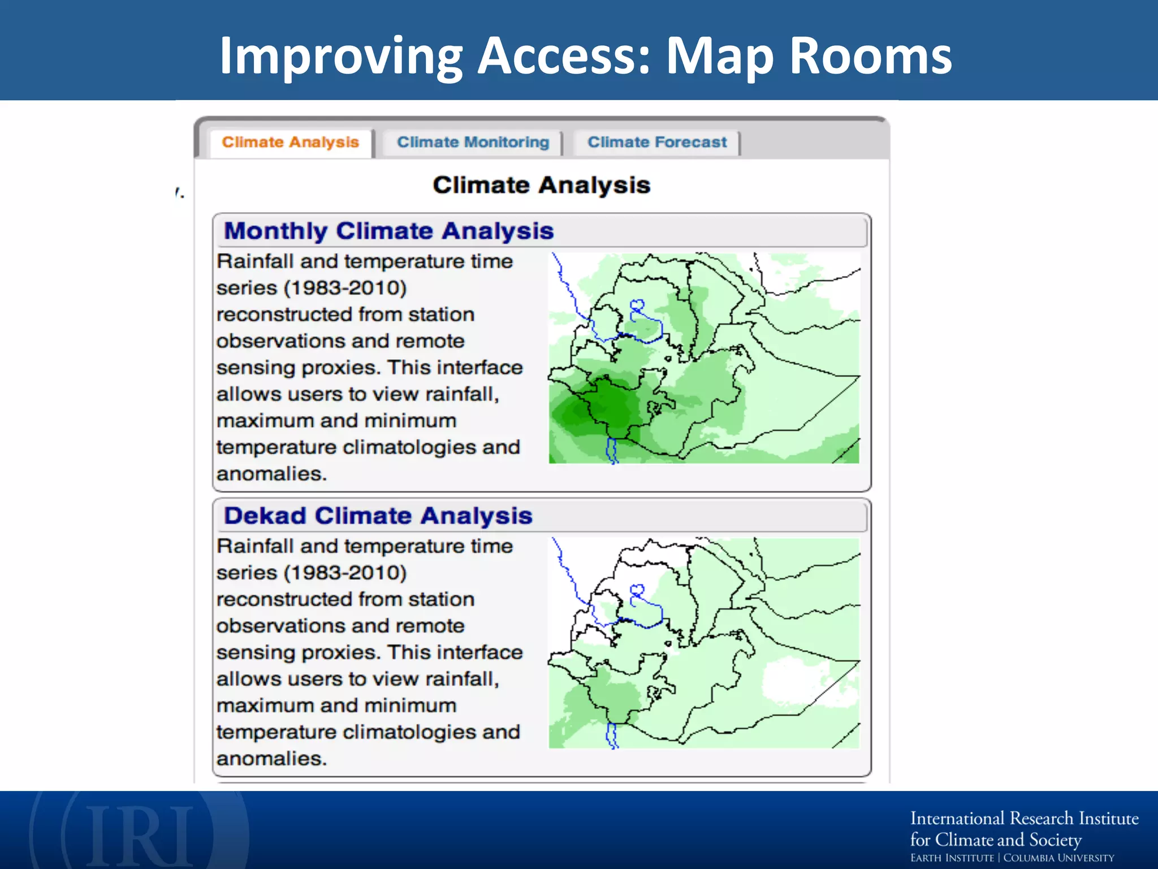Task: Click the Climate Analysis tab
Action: (x=290, y=142)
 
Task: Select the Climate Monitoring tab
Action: (x=473, y=142)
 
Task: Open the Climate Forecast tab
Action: (x=656, y=142)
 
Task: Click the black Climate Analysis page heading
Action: (x=541, y=185)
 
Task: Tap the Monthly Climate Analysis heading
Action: (x=388, y=231)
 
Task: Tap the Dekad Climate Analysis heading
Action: (x=378, y=515)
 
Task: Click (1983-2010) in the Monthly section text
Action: (x=345, y=288)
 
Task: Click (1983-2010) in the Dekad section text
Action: (x=345, y=573)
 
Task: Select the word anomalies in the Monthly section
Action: (x=271, y=474)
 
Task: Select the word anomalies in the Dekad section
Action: (x=271, y=758)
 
